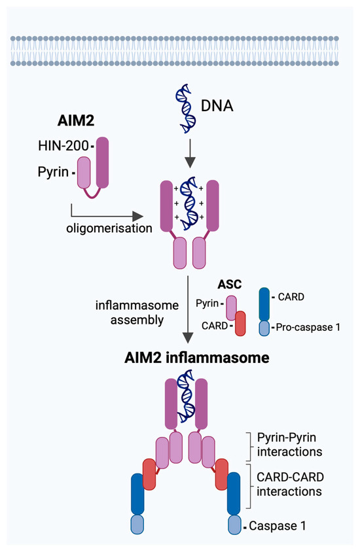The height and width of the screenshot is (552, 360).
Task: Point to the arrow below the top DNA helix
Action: tap(188, 155)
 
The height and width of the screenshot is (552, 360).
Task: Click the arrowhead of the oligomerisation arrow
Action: tap(138, 216)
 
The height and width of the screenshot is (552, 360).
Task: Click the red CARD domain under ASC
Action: tap(240, 324)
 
